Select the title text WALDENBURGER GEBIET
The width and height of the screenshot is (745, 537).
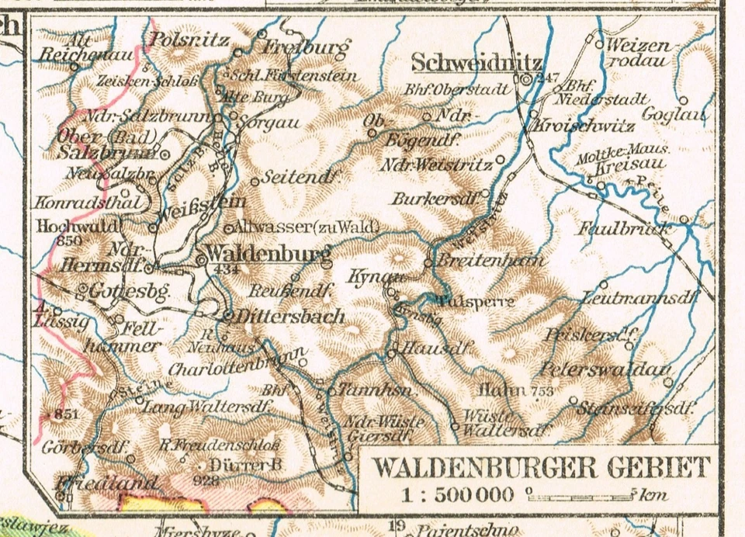coord(541,468)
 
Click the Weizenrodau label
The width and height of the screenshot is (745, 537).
coord(638,53)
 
